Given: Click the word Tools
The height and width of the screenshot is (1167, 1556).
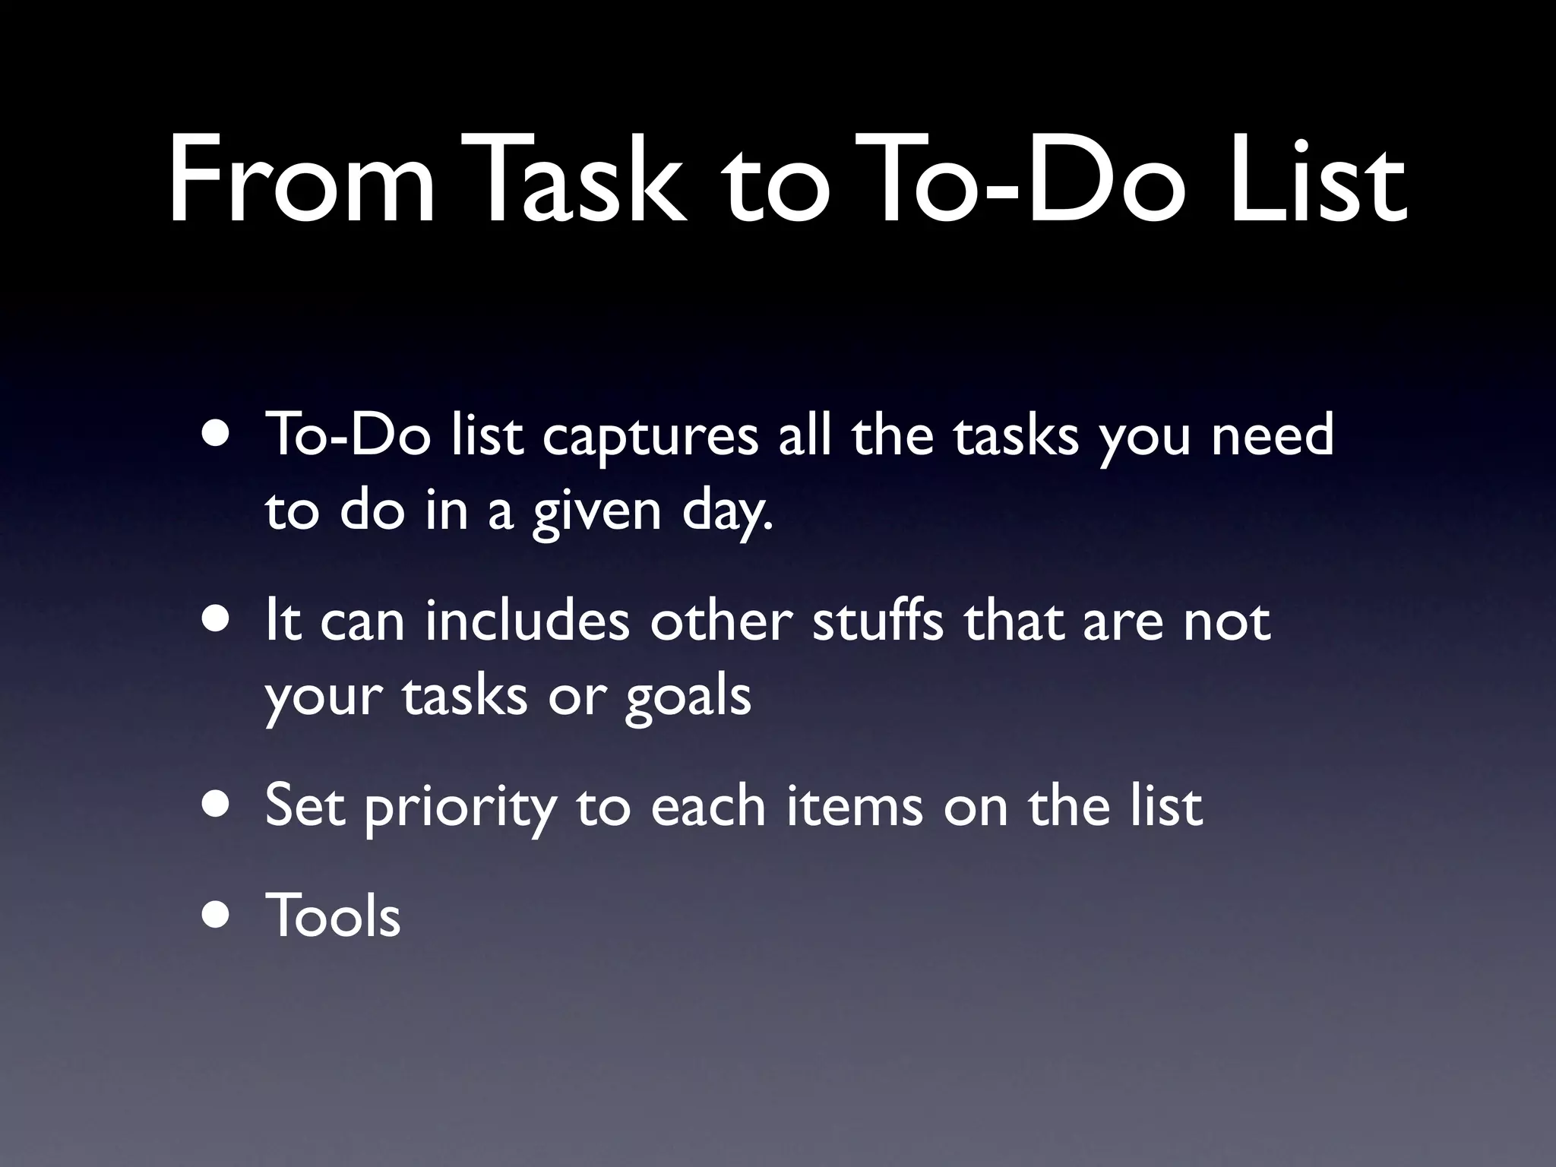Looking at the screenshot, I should pyautogui.click(x=332, y=916).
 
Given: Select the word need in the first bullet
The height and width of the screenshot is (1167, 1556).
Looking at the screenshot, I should pyautogui.click(x=1272, y=435).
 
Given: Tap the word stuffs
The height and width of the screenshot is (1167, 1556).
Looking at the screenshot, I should pyautogui.click(x=878, y=621).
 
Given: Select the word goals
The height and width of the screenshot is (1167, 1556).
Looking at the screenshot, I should pyautogui.click(x=688, y=698).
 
